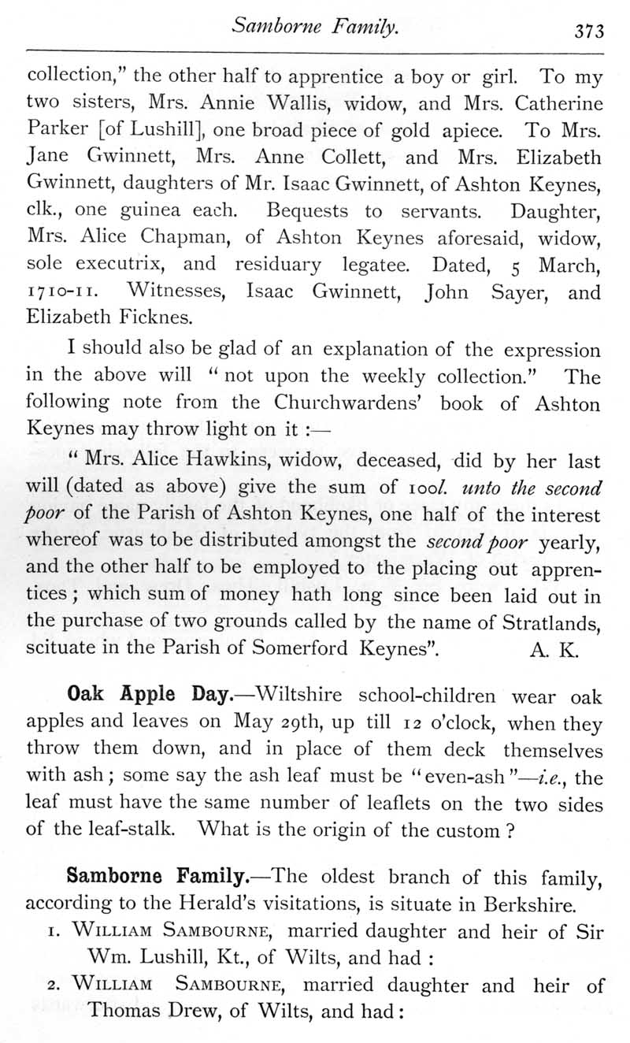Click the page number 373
[x=588, y=32]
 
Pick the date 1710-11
[x=61, y=294]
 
